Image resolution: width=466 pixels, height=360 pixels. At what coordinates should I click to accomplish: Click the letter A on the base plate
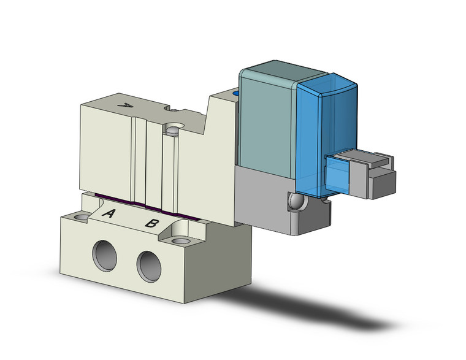tap(109, 214)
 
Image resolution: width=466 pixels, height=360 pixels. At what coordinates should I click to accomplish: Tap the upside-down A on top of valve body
tap(125, 105)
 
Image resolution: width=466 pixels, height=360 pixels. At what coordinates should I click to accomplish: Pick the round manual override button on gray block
tap(295, 202)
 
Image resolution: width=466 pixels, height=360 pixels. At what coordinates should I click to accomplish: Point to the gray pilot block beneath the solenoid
tap(270, 196)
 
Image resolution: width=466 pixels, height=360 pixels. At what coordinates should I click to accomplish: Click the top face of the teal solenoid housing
tap(270, 69)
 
